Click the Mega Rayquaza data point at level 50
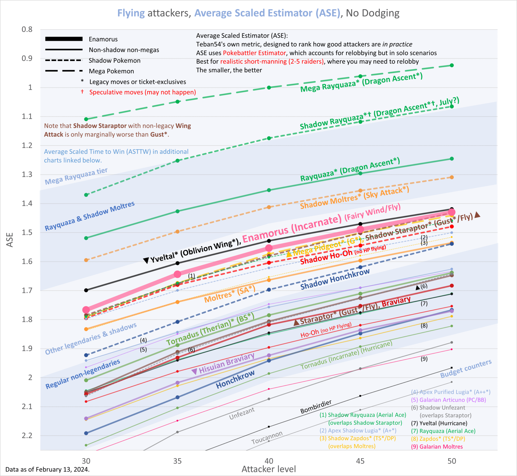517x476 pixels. point(452,65)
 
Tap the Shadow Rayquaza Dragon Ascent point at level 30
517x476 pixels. point(86,195)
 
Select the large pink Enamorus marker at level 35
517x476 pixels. point(177,274)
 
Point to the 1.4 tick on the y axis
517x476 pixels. point(27,203)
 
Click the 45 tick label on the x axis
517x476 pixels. point(360,461)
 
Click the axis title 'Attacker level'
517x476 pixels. point(268,469)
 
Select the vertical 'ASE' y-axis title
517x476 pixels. point(10,240)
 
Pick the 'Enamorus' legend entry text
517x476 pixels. point(103,39)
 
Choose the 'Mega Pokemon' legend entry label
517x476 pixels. point(111,71)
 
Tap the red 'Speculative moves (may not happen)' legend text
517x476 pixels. point(142,92)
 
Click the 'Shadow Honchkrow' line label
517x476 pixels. point(335,279)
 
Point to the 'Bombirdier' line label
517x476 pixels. point(316,407)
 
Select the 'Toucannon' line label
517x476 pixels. point(267,437)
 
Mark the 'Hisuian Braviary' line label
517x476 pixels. point(226,364)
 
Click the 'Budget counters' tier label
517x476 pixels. point(466,368)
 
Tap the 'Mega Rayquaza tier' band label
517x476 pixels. point(76,176)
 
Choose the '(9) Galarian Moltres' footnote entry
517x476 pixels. point(437,447)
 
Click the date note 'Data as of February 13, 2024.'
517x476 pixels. point(47,469)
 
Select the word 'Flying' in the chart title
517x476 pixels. point(131,13)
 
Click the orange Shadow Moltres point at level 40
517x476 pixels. point(269,207)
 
